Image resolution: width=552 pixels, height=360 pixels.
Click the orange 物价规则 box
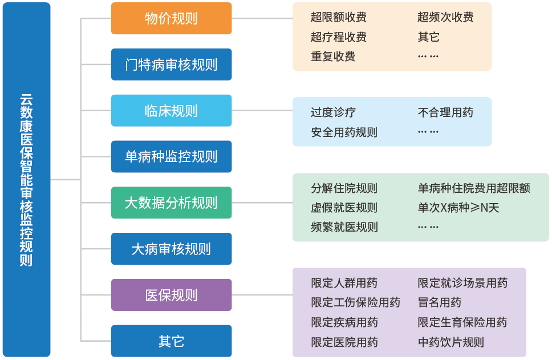(171, 18)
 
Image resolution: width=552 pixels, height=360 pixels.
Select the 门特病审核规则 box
(171, 64)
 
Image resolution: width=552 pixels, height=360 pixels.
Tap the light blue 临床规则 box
(171, 111)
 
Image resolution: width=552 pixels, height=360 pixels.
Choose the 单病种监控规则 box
(171, 156)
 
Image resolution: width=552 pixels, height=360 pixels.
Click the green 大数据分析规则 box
(171, 203)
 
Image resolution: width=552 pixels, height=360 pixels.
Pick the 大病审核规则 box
(171, 249)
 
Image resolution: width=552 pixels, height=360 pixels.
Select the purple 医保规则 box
(171, 295)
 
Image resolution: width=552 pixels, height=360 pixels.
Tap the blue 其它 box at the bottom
(171, 341)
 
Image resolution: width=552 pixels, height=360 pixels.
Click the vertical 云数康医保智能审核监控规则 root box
(26, 180)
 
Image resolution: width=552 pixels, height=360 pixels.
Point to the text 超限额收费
(338, 18)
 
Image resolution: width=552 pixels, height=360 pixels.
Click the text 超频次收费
(445, 18)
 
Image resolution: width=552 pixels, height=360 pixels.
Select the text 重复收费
(333, 56)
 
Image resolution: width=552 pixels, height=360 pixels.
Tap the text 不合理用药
(445, 112)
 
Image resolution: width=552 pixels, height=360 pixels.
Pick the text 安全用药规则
(344, 132)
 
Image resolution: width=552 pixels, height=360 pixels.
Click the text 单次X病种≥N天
(458, 208)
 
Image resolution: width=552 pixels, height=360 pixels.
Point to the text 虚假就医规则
(344, 208)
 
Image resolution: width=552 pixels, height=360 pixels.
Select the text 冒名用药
(440, 302)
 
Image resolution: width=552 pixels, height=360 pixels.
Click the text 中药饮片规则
(450, 342)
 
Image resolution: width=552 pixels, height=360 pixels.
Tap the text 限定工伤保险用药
(355, 302)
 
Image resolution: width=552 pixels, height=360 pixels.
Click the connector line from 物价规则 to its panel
(262, 18)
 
